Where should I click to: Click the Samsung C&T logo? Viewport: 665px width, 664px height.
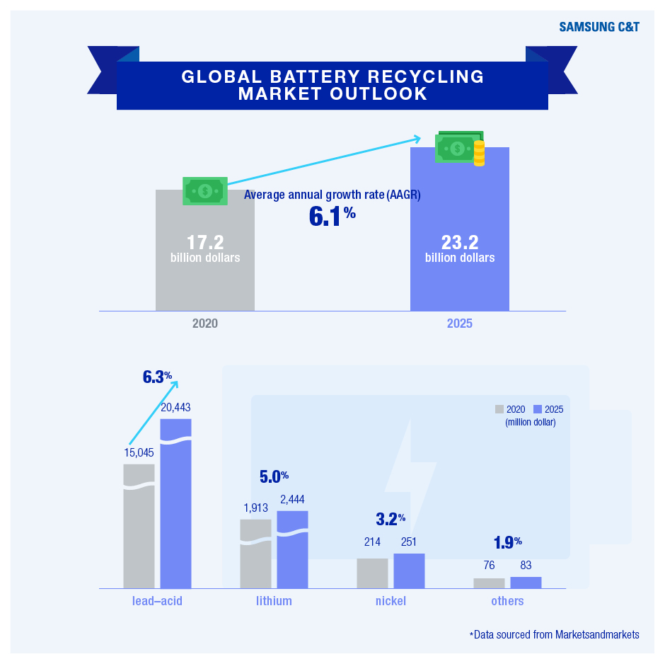pyautogui.click(x=598, y=27)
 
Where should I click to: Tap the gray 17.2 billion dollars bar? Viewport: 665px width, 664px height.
pyautogui.click(x=205, y=251)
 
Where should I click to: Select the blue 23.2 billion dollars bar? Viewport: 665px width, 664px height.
pyautogui.click(x=459, y=229)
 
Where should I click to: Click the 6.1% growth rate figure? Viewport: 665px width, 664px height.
pyautogui.click(x=332, y=216)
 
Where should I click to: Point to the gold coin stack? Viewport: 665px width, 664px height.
pyautogui.click(x=479, y=153)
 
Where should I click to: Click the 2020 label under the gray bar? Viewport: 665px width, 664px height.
pyautogui.click(x=205, y=324)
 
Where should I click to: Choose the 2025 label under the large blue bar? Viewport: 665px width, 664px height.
pyautogui.click(x=459, y=324)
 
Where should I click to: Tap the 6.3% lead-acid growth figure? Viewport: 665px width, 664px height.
pyautogui.click(x=157, y=377)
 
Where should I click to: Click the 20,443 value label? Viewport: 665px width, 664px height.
pyautogui.click(x=175, y=407)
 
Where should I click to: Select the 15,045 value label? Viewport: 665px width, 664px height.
pyautogui.click(x=139, y=453)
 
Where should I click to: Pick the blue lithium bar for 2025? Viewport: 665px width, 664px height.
pyautogui.click(x=293, y=549)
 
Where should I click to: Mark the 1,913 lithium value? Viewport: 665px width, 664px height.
pyautogui.click(x=255, y=508)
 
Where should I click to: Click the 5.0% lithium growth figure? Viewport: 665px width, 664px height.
pyautogui.click(x=274, y=477)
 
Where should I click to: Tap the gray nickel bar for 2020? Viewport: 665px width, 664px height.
pyautogui.click(x=372, y=573)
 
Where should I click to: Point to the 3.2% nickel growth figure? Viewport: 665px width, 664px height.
pyautogui.click(x=391, y=519)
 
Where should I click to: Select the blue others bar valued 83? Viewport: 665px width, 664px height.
pyautogui.click(x=526, y=583)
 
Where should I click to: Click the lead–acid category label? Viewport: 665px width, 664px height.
pyautogui.click(x=157, y=601)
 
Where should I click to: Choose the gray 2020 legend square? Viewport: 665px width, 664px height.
pyautogui.click(x=499, y=409)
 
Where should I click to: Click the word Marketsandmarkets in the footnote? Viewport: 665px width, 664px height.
pyautogui.click(x=597, y=634)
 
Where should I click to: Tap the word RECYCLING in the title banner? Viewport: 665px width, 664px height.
pyautogui.click(x=425, y=76)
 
